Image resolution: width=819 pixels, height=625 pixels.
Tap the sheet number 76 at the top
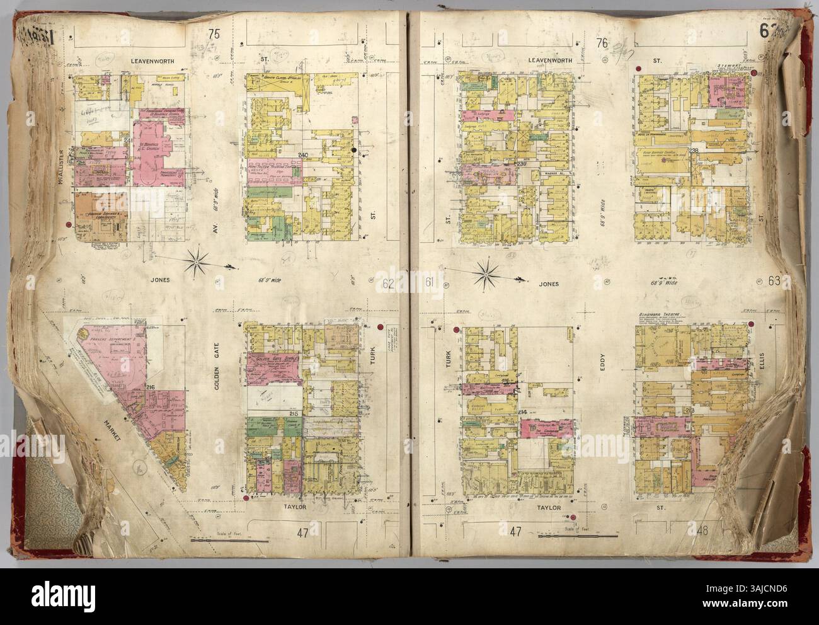point(602,43)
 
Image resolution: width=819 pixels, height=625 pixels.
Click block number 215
point(293,413)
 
